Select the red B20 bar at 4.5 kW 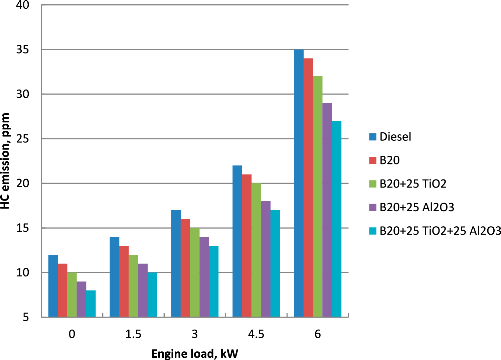click(247, 246)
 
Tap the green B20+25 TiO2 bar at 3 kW click(195, 272)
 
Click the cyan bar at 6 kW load click(337, 219)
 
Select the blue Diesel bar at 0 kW click(53, 286)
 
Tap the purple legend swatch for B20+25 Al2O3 click(373, 207)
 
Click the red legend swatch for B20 click(373, 160)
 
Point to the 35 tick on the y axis click(23, 50)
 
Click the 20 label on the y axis click(23, 184)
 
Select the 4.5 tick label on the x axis click(256, 334)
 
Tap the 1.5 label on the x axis click(133, 334)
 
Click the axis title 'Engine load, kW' click(195, 354)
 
